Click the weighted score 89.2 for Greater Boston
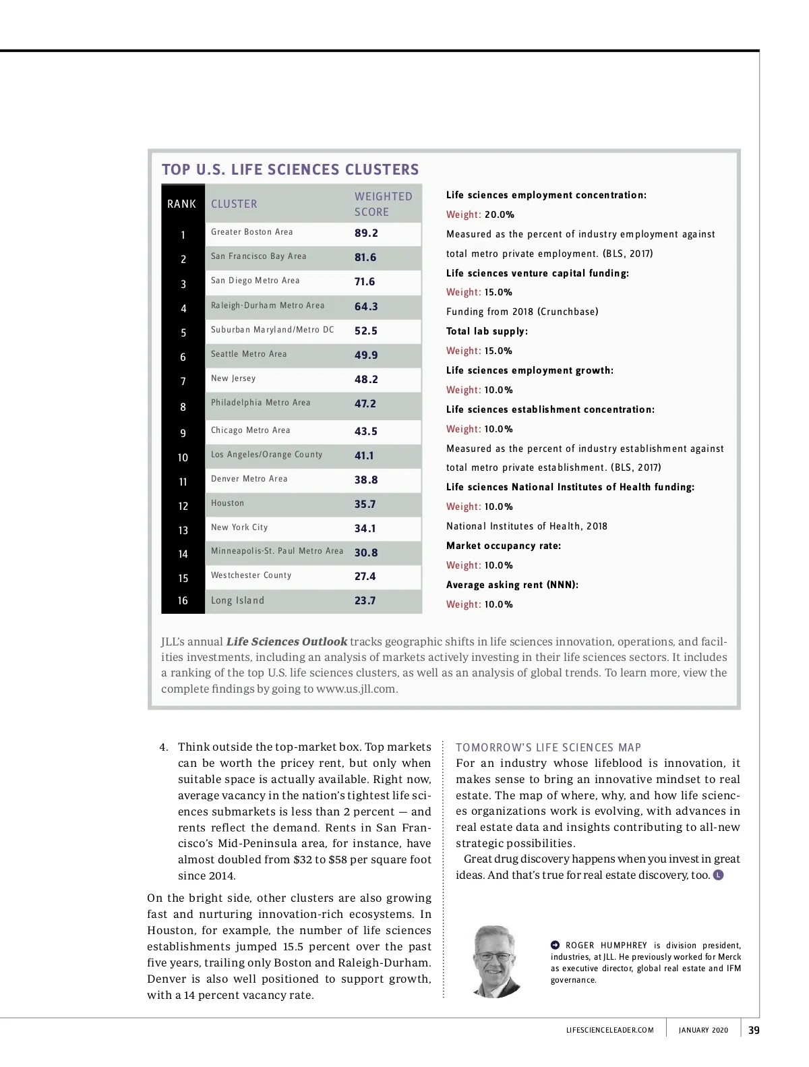point(366,233)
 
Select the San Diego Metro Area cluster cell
point(255,281)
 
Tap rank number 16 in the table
point(183,600)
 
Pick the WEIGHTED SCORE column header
point(383,204)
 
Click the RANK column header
point(181,204)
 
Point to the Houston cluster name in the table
point(227,503)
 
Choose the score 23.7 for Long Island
point(365,600)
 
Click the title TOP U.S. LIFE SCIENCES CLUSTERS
point(290,169)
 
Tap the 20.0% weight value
point(500,214)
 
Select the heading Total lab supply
point(487,331)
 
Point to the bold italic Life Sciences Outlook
point(287,641)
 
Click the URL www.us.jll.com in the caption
point(356,689)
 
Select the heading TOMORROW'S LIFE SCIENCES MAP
point(548,747)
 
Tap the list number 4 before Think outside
point(163,747)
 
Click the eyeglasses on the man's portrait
point(495,956)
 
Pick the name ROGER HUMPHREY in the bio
point(605,946)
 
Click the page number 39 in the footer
point(754,1030)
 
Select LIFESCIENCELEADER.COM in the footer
point(609,1030)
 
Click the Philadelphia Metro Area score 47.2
point(365,403)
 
